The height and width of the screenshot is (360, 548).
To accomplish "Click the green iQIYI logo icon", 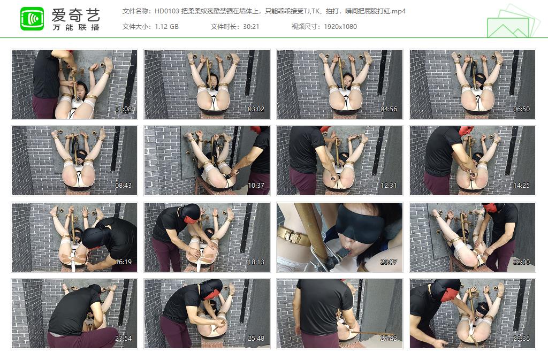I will point(32,19).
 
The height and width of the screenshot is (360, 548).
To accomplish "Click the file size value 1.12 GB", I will point(166,26).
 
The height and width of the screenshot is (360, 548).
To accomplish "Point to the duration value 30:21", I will point(250,26).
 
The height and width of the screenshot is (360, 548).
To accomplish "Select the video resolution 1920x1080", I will point(340,26).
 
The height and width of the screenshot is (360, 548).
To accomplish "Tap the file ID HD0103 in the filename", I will point(168,11).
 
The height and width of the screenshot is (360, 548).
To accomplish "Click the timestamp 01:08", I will point(123,109).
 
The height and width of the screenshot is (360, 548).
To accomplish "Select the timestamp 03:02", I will point(256,109).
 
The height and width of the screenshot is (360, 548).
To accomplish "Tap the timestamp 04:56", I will point(389,109).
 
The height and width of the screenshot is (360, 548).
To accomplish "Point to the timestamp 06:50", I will point(521,109).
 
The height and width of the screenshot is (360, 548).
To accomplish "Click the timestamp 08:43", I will point(123,186).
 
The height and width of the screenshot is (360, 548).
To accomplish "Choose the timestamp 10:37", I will point(256,186).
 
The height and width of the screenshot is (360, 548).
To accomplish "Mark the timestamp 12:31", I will point(389,186).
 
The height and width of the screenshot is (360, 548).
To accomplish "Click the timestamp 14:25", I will point(521,186).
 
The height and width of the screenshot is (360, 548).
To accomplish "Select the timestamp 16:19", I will point(123,262).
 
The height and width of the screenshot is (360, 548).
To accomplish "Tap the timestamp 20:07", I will point(389,262).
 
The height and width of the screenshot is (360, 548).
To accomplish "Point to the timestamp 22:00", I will point(521,262).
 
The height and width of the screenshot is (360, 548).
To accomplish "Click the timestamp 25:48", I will point(256,339).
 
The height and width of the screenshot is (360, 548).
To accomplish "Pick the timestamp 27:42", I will point(389,339).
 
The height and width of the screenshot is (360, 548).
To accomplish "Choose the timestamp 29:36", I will point(521,339).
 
